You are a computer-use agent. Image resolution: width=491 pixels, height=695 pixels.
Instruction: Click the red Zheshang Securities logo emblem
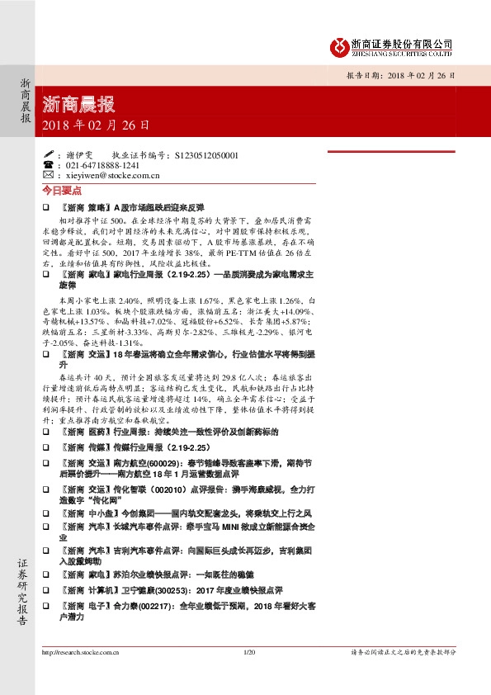click(x=337, y=46)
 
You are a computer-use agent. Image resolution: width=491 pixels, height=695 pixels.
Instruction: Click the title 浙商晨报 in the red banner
click(x=78, y=105)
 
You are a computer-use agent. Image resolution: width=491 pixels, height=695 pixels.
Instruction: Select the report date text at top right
click(x=399, y=75)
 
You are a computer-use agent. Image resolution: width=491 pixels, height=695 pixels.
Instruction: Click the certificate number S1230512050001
click(x=203, y=155)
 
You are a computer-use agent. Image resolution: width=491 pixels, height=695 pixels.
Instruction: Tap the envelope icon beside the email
click(x=47, y=175)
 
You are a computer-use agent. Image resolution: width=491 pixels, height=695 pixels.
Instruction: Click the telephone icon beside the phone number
click(x=47, y=165)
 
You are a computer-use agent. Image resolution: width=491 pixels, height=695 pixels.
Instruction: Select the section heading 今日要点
click(x=58, y=190)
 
